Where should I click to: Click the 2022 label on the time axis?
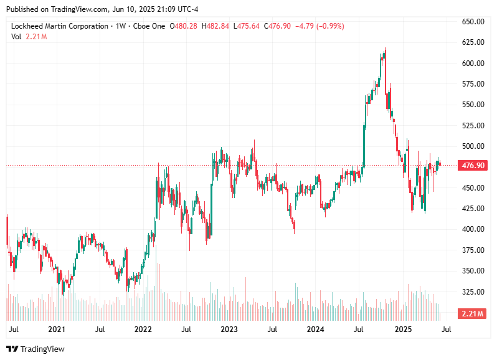point(143,329)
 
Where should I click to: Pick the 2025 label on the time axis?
point(403,329)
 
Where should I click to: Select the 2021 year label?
point(57,329)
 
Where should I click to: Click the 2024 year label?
point(316,329)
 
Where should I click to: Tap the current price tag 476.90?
point(471,166)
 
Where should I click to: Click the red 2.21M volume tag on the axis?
point(471,313)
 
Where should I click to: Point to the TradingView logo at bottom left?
point(35,349)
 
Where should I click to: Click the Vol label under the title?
point(16,37)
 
